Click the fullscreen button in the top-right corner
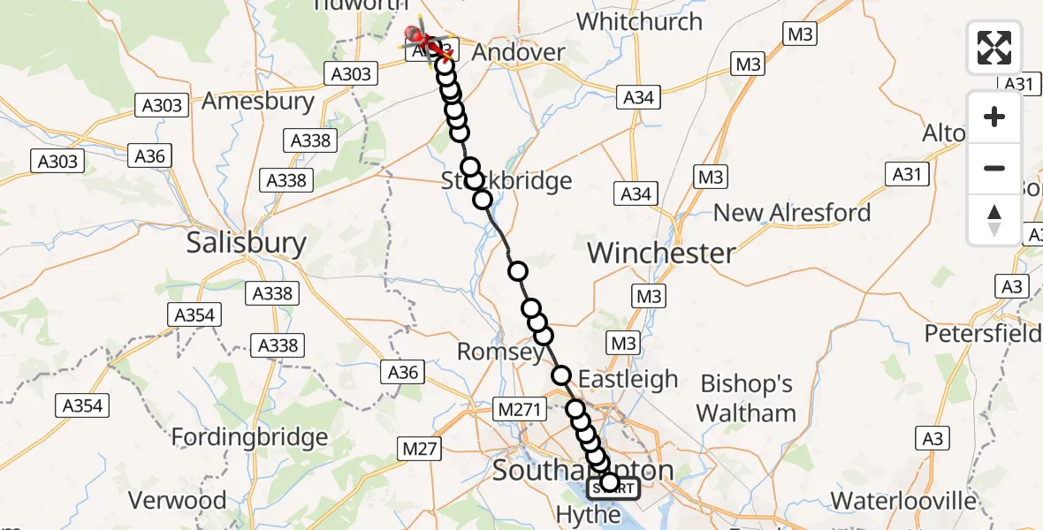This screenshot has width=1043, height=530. click(x=994, y=48)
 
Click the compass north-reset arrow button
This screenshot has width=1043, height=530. click(x=994, y=220)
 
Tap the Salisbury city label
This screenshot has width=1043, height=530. click(x=247, y=243)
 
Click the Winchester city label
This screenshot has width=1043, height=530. click(x=661, y=254)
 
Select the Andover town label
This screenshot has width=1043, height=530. click(x=518, y=52)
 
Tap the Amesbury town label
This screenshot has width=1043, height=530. click(x=258, y=101)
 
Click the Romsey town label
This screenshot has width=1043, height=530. click(x=500, y=352)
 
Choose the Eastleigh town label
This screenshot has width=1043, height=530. click(x=628, y=379)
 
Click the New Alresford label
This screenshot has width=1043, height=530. click(x=792, y=213)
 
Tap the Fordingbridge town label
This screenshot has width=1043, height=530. click(x=249, y=436)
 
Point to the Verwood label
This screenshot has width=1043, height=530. click(x=178, y=500)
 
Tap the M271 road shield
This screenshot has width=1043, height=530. click(x=518, y=409)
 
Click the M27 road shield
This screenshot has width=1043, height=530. click(x=420, y=450)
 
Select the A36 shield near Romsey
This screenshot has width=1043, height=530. click(x=402, y=372)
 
